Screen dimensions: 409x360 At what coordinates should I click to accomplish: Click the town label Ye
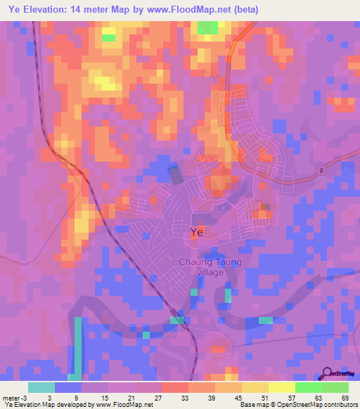pyautogui.click(x=198, y=232)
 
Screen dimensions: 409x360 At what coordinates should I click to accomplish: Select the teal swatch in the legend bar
pyautogui.click(x=41, y=387)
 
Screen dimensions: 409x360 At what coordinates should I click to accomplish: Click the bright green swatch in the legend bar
pyautogui.click(x=309, y=387)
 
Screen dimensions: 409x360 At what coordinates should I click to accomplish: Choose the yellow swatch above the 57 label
pyautogui.click(x=282, y=387)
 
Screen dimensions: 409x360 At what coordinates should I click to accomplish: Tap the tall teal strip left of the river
pyautogui.click(x=77, y=344)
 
